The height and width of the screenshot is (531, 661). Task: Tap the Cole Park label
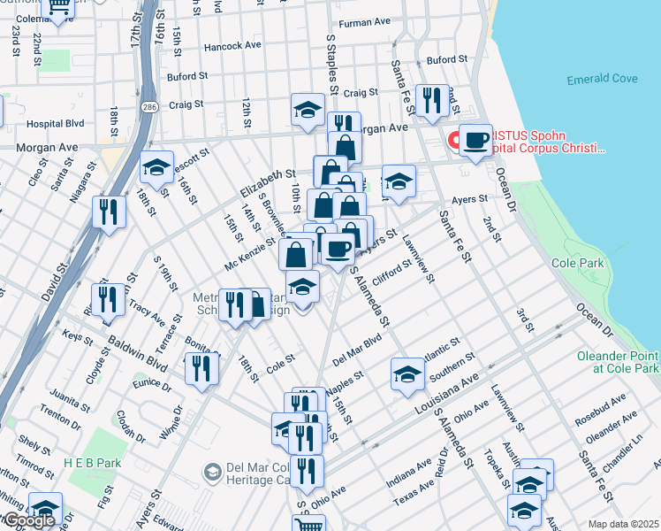[577, 263]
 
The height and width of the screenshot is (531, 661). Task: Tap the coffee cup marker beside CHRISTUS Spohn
[475, 141]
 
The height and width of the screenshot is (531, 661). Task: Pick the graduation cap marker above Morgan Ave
[308, 111]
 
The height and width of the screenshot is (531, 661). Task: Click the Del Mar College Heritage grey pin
[212, 473]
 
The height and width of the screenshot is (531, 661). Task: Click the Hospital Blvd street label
[55, 124]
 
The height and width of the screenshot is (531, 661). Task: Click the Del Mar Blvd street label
[357, 350]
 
